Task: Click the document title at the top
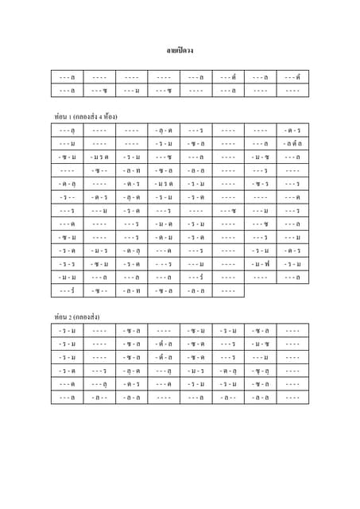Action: click(180, 51)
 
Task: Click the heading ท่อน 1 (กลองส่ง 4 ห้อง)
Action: click(86, 116)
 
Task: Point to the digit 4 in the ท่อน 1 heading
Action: click(101, 116)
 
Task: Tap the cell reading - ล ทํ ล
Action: click(292, 143)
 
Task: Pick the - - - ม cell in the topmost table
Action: click(132, 91)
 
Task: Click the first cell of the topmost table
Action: click(68, 77)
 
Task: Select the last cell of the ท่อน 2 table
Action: click(292, 397)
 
